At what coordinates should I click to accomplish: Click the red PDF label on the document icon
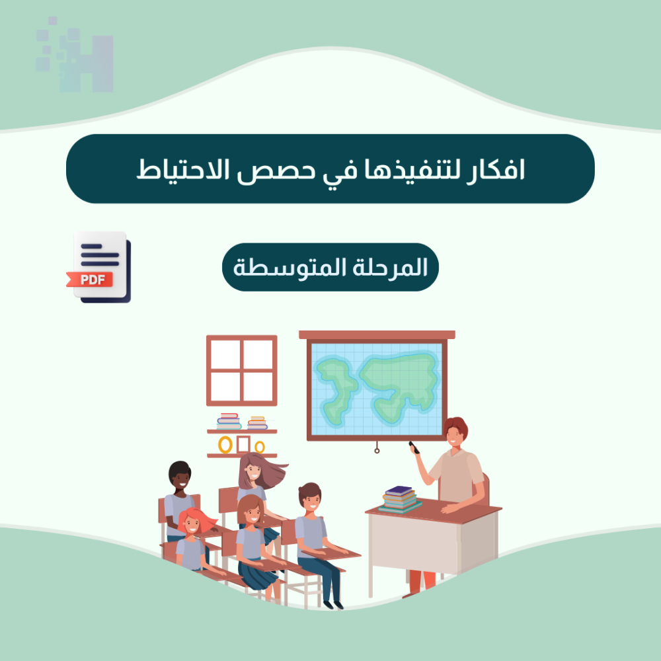(90, 280)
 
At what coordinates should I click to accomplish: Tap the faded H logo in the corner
(75, 55)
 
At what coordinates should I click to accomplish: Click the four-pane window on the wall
(241, 371)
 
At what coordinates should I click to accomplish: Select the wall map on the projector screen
(377, 389)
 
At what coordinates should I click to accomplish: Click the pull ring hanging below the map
(377, 451)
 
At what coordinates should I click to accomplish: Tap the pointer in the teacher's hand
(414, 447)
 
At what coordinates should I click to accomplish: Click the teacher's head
(455, 432)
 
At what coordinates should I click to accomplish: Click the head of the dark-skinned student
(180, 475)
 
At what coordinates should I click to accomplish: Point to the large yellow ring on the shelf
(225, 445)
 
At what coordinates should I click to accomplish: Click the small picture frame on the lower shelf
(243, 444)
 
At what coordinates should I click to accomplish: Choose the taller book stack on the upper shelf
(229, 421)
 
